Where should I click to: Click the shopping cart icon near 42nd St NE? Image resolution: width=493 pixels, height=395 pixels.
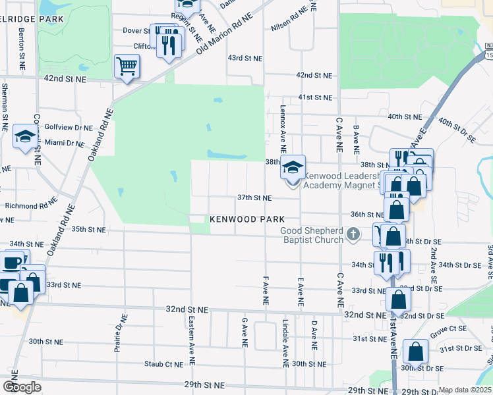point(127,66)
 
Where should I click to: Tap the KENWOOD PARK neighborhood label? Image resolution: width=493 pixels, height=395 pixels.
point(247,219)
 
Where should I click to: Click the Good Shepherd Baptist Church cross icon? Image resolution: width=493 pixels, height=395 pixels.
point(354,234)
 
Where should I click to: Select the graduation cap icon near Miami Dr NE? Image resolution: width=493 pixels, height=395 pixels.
point(25,137)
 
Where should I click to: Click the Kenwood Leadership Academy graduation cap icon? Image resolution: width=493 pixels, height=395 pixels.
point(293,167)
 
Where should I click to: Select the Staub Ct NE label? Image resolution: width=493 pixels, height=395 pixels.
point(164,363)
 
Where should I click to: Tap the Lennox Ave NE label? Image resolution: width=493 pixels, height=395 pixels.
point(283,127)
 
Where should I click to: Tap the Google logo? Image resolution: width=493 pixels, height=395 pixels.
point(22,387)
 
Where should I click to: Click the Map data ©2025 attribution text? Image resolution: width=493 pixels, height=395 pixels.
point(465,390)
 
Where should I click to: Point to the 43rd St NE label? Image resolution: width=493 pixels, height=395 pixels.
point(245,59)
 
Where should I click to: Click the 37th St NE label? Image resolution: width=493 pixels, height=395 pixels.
point(254,197)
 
